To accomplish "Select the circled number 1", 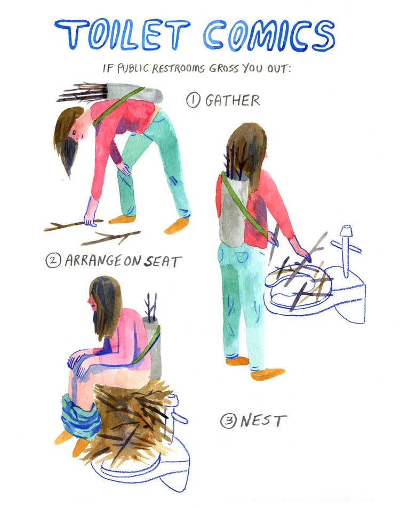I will coord(193,100).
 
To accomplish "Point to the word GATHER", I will coord(233,100).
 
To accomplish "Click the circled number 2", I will coord(53,261).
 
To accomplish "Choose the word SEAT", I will coord(162,261).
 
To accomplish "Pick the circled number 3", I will coord(228,421).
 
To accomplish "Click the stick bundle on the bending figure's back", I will coord(85,92).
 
